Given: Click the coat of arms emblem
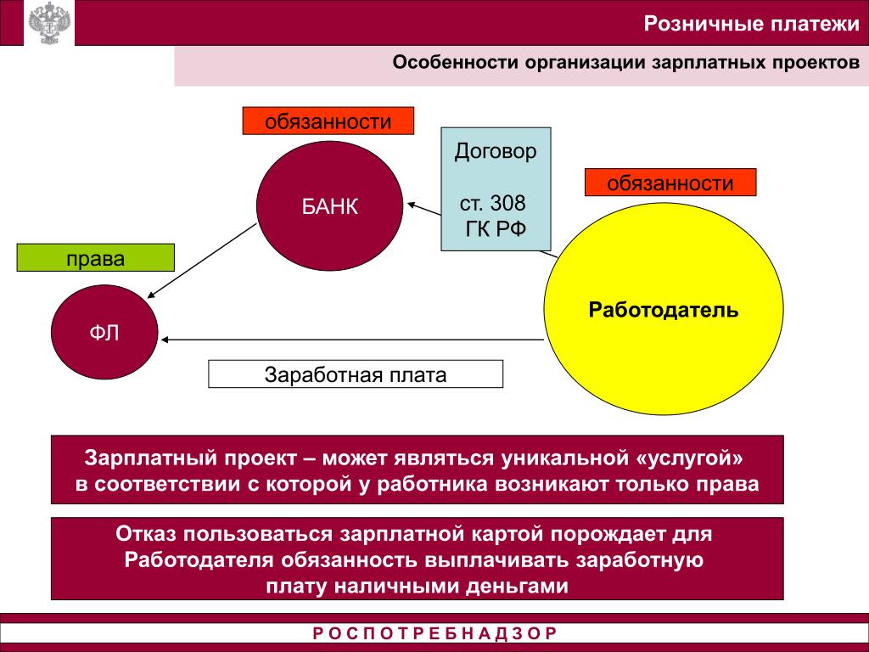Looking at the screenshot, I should pyautogui.click(x=47, y=24).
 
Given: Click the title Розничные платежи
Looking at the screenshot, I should pyautogui.click(x=750, y=23).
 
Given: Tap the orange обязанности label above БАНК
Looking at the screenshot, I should pyautogui.click(x=328, y=121).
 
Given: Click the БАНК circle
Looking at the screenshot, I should pyautogui.click(x=330, y=206).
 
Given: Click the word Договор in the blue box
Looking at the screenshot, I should pyautogui.click(x=496, y=152).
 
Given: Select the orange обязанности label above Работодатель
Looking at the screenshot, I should pyautogui.click(x=670, y=183).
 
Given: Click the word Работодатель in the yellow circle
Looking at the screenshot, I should pyautogui.click(x=664, y=309).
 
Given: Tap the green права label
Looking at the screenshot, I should pyautogui.click(x=96, y=258).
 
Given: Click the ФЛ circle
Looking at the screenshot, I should pyautogui.click(x=104, y=333).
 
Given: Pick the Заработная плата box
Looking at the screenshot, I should pyautogui.click(x=356, y=374).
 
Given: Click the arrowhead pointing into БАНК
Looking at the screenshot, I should pyautogui.click(x=411, y=204).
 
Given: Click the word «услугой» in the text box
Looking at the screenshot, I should pyautogui.click(x=692, y=458).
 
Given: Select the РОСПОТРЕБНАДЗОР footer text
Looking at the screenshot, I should pyautogui.click(x=434, y=633).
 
